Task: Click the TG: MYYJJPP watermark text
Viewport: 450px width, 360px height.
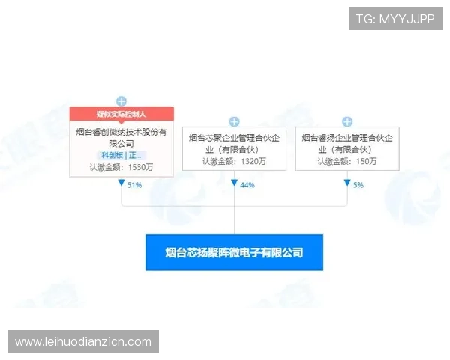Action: pyautogui.click(x=396, y=18)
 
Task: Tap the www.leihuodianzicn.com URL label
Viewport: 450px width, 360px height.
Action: pyautogui.click(x=83, y=342)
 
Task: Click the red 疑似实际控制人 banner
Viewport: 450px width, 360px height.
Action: pyautogui.click(x=121, y=114)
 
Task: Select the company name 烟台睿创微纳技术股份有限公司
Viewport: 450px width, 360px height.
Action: pyautogui.click(x=121, y=137)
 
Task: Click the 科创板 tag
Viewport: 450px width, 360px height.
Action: pyautogui.click(x=111, y=155)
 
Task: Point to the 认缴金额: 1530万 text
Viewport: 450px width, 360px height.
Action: pyautogui.click(x=121, y=167)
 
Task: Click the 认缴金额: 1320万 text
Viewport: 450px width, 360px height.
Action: pyautogui.click(x=234, y=160)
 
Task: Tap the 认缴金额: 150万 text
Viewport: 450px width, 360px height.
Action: pyautogui.click(x=347, y=160)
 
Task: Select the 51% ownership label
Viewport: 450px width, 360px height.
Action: pyautogui.click(x=136, y=184)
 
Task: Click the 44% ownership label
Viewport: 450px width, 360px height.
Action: pyautogui.click(x=248, y=184)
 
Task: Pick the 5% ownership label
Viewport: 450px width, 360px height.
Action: pyautogui.click(x=358, y=184)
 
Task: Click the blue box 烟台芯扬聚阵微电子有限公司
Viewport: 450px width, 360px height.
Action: pyautogui.click(x=234, y=253)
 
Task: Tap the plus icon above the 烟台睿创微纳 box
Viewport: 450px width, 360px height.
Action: pyautogui.click(x=121, y=100)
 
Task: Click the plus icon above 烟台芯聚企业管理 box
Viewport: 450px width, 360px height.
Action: pyautogui.click(x=234, y=121)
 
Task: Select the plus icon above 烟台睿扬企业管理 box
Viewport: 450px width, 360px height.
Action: pyautogui.click(x=347, y=121)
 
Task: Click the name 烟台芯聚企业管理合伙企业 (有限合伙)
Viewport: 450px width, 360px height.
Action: pyautogui.click(x=234, y=142)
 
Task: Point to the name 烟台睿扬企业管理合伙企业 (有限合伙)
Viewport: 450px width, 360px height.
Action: pyautogui.click(x=347, y=142)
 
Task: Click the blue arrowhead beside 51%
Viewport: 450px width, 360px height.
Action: pyautogui.click(x=121, y=184)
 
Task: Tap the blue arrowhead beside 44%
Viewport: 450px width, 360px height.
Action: pyautogui.click(x=234, y=184)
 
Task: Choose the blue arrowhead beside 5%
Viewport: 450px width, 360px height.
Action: pyautogui.click(x=347, y=184)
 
